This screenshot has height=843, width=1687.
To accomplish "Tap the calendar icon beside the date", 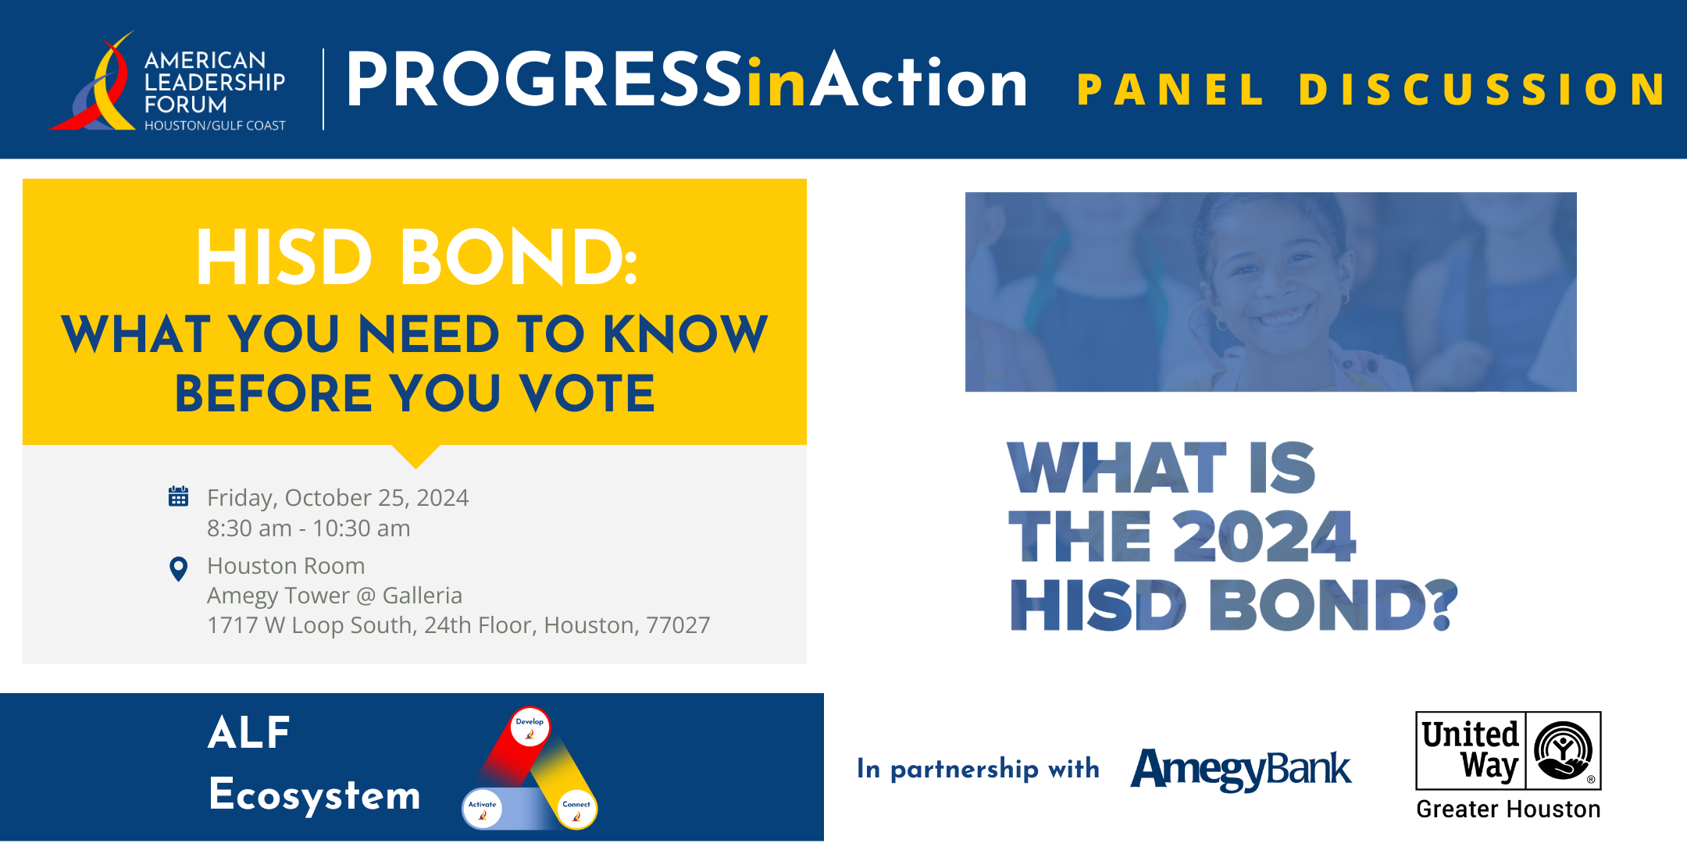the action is tap(178, 496).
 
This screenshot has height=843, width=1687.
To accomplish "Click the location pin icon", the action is tap(178, 569).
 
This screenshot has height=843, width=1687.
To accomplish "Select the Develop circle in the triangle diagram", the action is tap(530, 727).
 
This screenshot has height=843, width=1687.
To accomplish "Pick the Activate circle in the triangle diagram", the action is tap(483, 809).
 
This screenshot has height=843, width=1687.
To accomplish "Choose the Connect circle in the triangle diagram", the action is tap(576, 809).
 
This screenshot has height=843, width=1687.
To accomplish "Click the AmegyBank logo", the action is tap(1241, 770).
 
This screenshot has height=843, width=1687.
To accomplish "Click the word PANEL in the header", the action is tap(1170, 90).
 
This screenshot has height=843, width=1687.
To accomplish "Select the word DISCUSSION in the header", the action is tap(1482, 90).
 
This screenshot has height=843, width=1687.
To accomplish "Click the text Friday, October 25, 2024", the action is tap(337, 498).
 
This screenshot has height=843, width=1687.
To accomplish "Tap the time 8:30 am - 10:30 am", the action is tap(309, 528).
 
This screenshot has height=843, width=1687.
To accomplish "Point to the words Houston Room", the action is tap(286, 566).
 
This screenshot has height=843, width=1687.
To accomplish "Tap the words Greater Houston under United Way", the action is tap(1508, 809).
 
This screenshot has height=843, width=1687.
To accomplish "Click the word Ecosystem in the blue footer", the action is tap(315, 796).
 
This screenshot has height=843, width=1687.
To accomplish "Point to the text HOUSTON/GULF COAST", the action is tap(215, 126).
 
